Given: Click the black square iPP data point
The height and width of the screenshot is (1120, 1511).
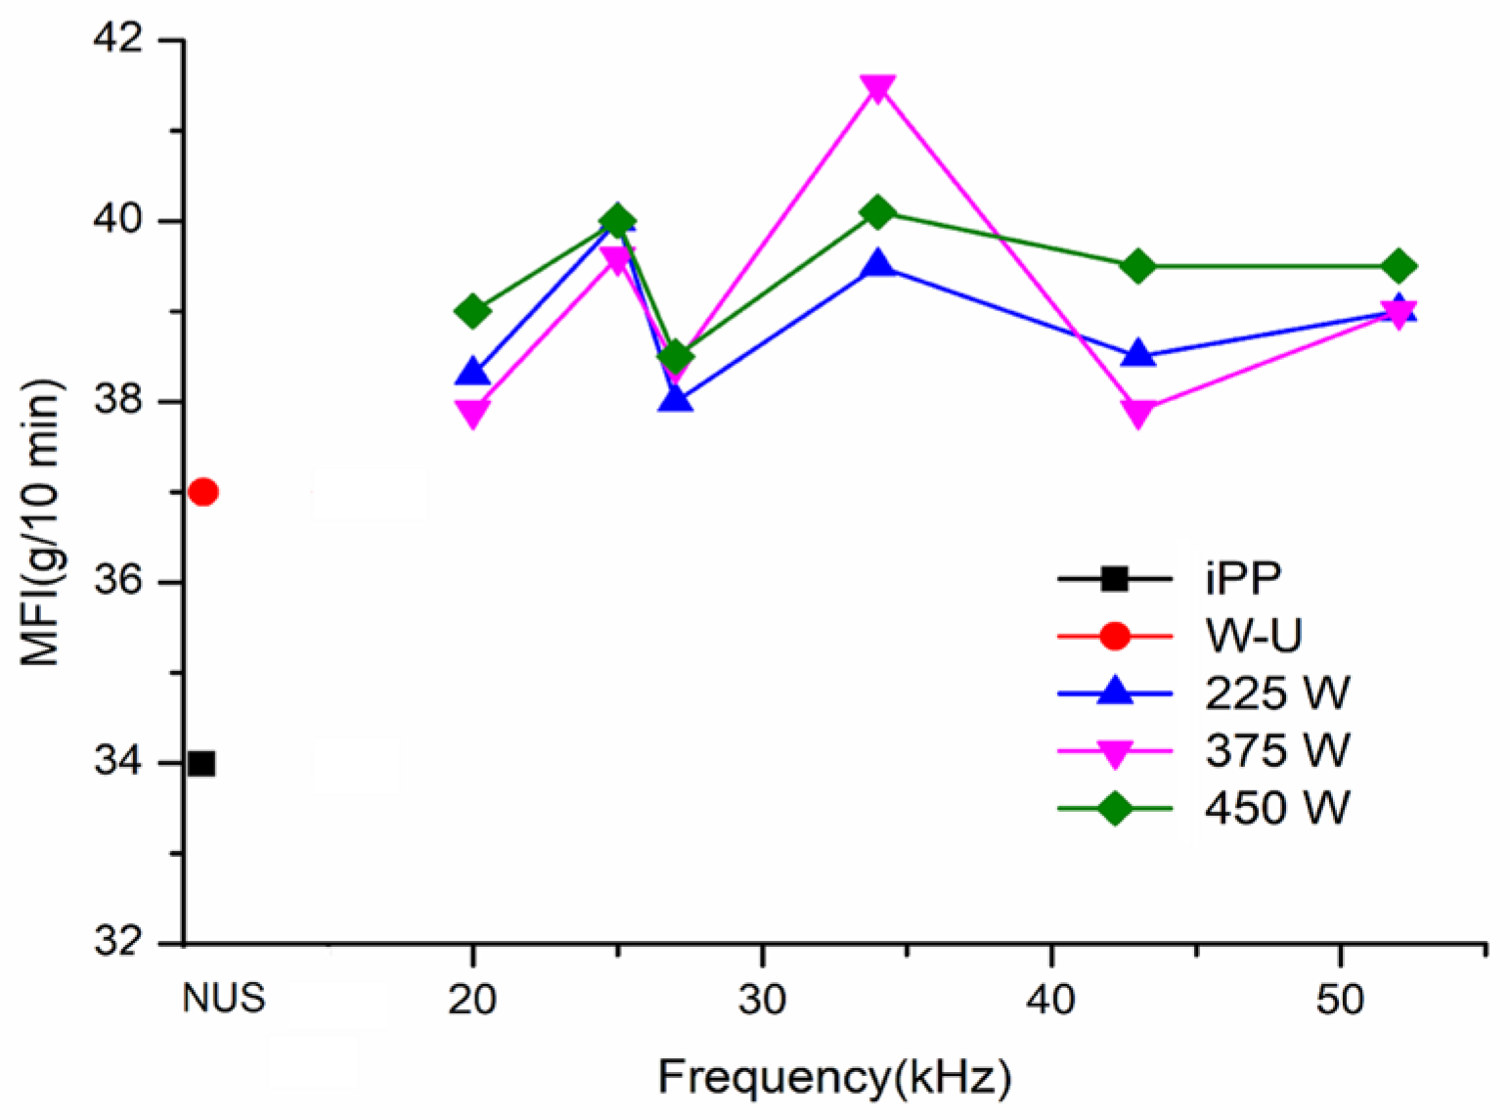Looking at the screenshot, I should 201,763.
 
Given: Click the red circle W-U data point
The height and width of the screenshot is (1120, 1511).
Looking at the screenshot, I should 203,492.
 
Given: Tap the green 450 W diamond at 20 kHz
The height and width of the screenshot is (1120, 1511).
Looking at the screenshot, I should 473,311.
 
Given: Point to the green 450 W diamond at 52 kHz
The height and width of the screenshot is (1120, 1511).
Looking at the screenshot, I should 1399,266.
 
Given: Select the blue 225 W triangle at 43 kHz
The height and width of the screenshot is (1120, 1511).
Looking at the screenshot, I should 1138,354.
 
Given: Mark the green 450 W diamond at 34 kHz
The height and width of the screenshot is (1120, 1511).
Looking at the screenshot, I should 877,211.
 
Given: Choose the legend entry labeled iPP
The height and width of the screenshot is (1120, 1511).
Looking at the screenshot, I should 1243,579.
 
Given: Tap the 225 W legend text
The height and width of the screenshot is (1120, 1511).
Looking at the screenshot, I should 1277,694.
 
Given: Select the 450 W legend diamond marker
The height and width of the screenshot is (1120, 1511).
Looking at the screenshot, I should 1115,809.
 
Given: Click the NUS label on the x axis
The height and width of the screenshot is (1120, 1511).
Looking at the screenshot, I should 223,999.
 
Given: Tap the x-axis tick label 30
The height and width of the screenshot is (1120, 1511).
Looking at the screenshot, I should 762,999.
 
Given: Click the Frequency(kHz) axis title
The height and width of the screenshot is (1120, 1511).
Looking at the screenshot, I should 834,1078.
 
